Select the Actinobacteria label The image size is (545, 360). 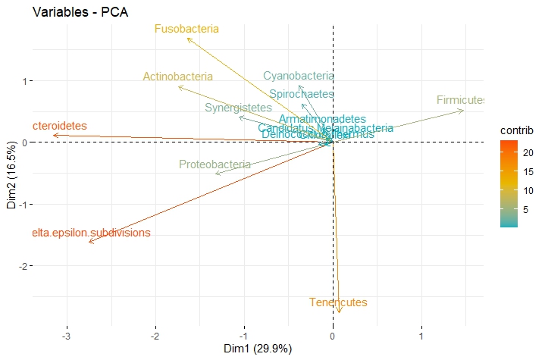(x=178, y=77)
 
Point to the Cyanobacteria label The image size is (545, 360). (x=299, y=76)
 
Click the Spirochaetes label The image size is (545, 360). (x=302, y=94)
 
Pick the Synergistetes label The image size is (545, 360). (x=238, y=108)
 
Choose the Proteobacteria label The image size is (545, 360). (x=215, y=164)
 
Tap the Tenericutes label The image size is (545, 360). (x=339, y=303)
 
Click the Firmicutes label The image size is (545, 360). (x=461, y=100)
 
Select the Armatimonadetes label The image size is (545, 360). (x=322, y=120)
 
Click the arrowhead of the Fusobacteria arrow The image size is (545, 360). (x=187, y=38)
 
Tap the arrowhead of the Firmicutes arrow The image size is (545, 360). (x=464, y=111)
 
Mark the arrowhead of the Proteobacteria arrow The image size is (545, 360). (x=216, y=174)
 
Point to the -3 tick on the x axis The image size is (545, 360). (x=67, y=336)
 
